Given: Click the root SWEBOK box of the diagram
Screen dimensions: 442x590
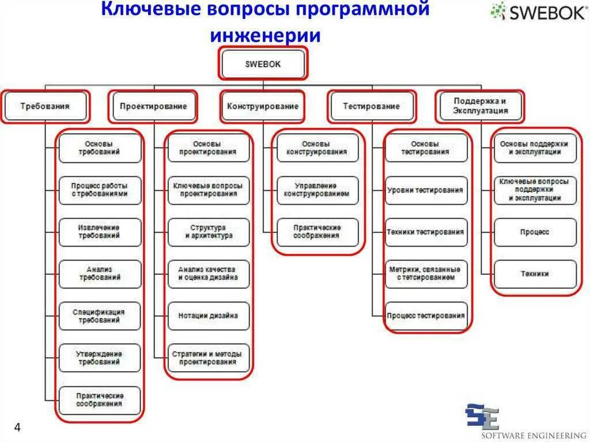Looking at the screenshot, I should pos(263,64).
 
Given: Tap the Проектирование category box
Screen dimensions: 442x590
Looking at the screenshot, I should pos(153,107).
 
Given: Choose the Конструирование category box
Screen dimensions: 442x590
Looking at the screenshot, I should pos(263,107).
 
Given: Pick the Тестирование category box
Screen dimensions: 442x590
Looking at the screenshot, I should pos(371,107).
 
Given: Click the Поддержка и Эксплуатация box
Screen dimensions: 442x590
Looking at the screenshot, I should pos(480,106).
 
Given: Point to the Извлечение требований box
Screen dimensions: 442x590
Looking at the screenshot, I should pos(100,232).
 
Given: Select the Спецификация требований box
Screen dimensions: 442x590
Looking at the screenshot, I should pos(100,316).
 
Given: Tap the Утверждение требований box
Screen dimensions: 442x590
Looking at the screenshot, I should pos(100,358).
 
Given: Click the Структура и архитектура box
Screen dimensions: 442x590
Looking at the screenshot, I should pos(209,232).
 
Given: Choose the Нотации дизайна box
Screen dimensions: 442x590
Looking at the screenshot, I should pos(209,316).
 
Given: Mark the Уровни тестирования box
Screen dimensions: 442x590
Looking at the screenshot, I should pos(426,190).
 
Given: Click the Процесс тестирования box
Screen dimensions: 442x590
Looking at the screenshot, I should pos(426,316).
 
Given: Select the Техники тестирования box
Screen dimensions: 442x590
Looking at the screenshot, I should pos(426,232).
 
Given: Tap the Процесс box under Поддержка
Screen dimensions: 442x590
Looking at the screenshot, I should pos(535,232).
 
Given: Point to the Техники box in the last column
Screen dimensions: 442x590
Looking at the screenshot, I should pos(535,274).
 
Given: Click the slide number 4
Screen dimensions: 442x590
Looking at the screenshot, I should pos(17,428).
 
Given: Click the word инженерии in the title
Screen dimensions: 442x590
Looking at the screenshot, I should pos(265,36).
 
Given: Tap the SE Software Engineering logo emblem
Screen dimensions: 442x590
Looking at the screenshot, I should pos(482,416).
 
